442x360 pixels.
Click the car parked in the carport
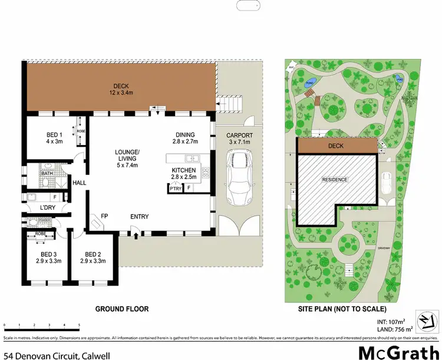[x=239, y=176]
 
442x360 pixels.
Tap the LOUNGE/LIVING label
[x=127, y=158]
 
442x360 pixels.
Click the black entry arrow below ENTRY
[x=137, y=236]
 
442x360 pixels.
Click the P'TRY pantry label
[x=175, y=189]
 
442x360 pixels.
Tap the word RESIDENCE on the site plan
[x=334, y=179]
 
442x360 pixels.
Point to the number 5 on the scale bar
[x=79, y=325]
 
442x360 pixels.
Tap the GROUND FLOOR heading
[x=123, y=309]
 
